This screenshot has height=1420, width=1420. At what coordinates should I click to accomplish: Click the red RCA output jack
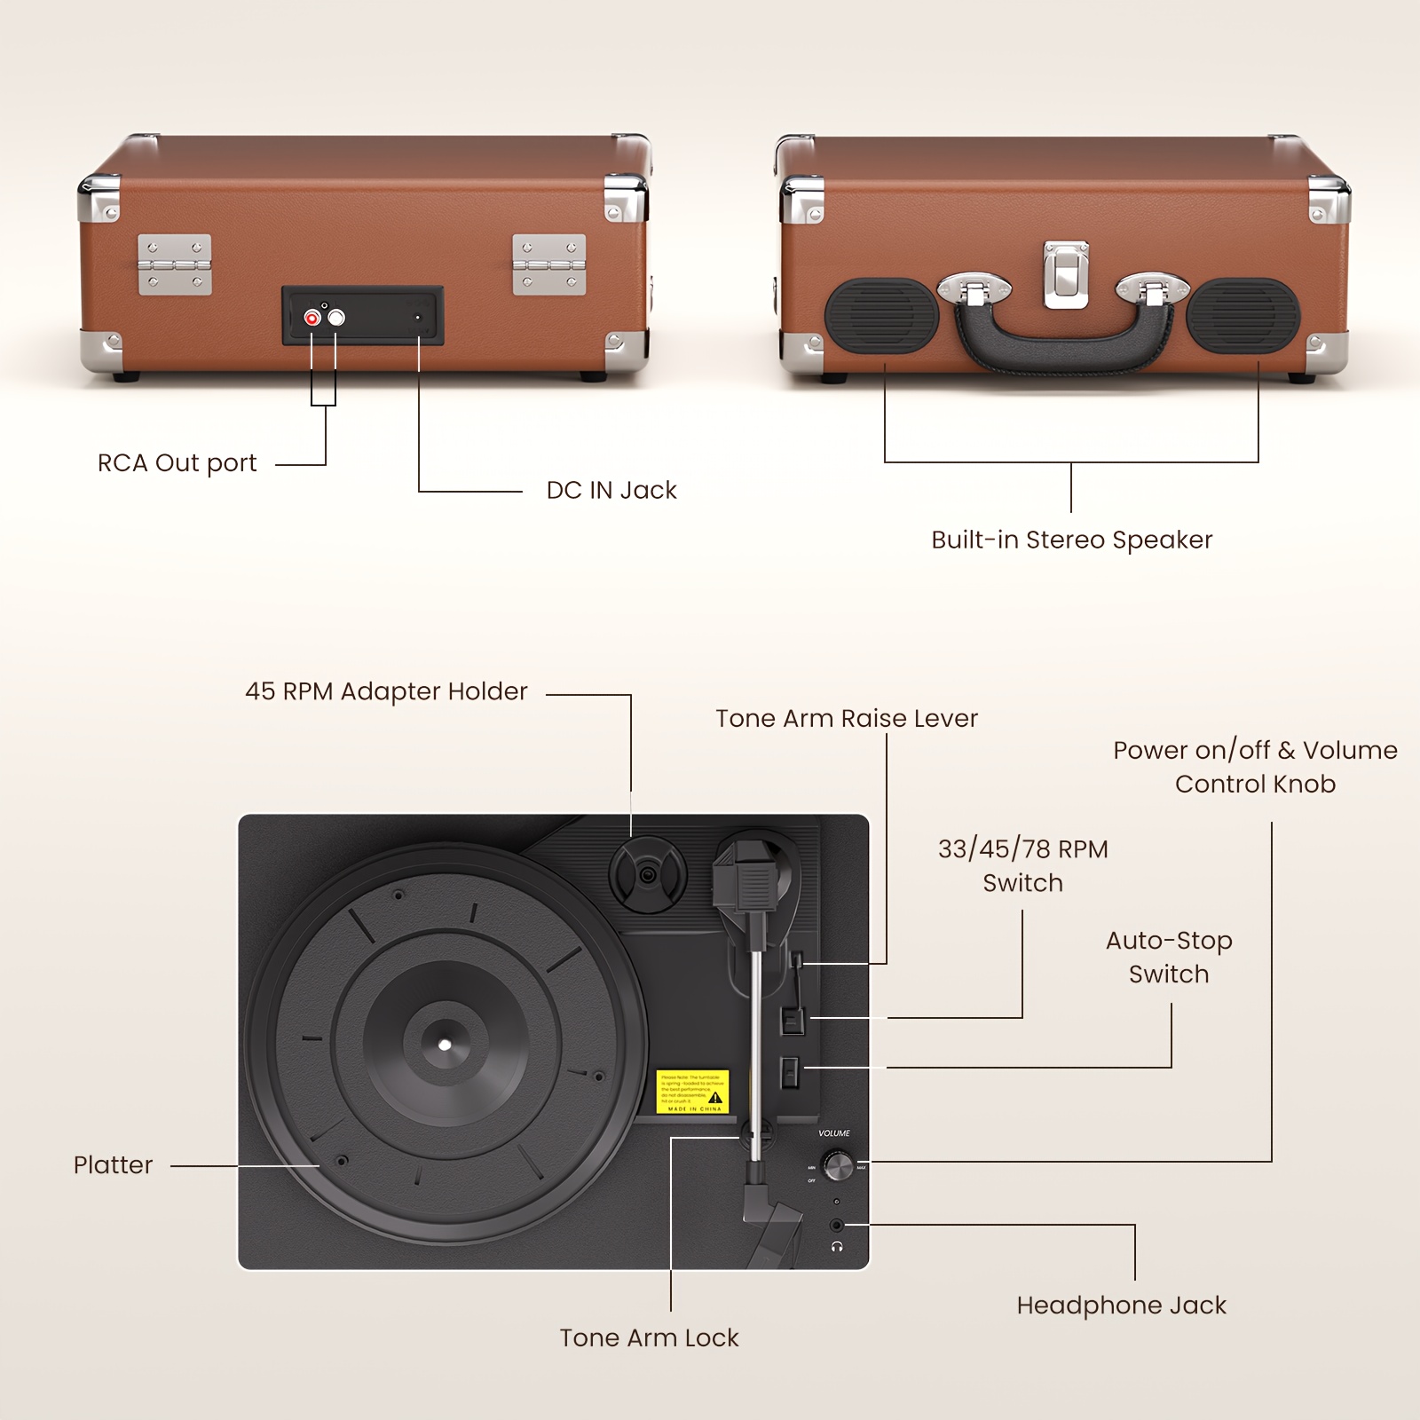tap(312, 318)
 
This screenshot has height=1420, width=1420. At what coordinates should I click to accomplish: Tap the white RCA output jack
tap(335, 318)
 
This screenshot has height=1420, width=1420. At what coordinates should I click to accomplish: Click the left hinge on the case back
tap(175, 264)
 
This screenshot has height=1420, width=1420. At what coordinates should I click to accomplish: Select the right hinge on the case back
tap(549, 264)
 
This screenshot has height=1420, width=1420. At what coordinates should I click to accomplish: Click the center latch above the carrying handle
tap(1066, 275)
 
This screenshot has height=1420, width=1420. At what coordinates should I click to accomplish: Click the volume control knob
tap(838, 1165)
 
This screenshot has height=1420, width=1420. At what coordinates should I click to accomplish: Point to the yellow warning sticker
tap(692, 1092)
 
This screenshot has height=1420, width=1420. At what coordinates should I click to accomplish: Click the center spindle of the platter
tap(446, 1044)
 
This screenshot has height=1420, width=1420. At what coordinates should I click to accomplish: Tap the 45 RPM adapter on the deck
tap(648, 875)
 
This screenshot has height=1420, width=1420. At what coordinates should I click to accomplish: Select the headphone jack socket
tap(837, 1226)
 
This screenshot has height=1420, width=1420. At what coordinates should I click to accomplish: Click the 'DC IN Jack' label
tap(611, 490)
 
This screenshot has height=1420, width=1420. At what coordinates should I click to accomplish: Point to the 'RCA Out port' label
tap(177, 463)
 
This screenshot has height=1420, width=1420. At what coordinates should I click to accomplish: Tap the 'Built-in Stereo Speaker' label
tap(1071, 540)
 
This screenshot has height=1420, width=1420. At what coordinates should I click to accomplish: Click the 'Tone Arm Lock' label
tap(649, 1337)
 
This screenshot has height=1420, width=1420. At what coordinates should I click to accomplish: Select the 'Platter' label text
tap(113, 1165)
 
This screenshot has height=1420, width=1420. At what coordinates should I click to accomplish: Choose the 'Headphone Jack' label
tap(1121, 1306)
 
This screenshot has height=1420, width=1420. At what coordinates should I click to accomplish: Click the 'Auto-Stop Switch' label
tap(1169, 958)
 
